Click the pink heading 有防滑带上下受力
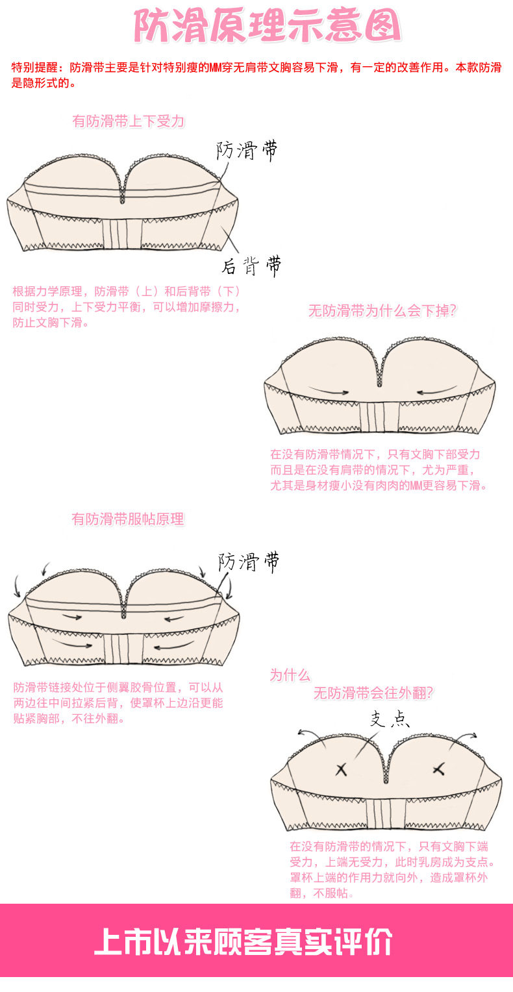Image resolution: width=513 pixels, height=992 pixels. point(129,121)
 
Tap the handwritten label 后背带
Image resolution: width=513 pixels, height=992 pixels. point(251,266)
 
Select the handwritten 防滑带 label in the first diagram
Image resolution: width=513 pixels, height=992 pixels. point(247,151)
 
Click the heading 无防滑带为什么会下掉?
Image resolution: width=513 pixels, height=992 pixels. point(382,311)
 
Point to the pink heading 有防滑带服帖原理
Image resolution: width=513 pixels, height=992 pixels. point(128,519)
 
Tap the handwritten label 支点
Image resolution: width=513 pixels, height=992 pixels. point(390,719)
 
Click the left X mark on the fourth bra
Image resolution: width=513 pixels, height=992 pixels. point(341,770)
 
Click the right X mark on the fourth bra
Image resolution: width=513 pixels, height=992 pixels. point(438,770)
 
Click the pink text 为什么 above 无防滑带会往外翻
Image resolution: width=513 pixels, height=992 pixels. point(290,675)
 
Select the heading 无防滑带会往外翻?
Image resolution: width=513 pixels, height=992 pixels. point(373,693)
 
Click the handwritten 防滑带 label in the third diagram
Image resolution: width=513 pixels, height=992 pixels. point(248,562)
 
